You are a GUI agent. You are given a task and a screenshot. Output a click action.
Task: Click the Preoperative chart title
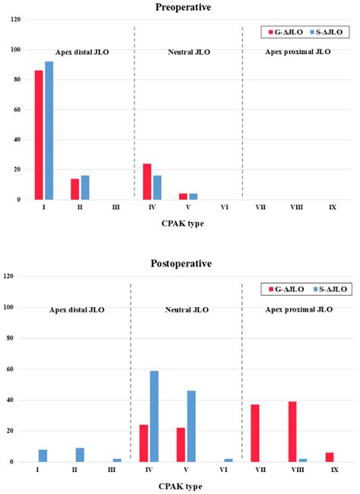pos(183,7)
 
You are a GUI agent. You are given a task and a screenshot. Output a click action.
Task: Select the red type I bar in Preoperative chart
pos(39,135)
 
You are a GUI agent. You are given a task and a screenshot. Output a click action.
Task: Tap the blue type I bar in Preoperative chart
pos(49,131)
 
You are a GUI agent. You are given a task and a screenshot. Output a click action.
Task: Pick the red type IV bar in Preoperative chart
pos(147,182)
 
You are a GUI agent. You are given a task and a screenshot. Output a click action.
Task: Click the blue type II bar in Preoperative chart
pos(85,188)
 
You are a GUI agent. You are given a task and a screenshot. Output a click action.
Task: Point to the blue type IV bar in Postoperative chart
pos(154,416)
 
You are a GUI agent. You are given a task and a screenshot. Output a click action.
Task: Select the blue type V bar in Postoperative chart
pos(191,426)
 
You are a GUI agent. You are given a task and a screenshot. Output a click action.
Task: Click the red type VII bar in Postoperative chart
pos(255,433)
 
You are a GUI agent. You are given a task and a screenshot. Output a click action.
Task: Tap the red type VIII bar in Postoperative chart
pos(292,432)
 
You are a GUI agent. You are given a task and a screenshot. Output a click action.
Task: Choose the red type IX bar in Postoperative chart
pos(330,457)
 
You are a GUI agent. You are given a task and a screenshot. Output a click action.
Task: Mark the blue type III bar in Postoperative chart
pos(117,461)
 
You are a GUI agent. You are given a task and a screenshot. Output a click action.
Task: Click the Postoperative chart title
pos(181,264)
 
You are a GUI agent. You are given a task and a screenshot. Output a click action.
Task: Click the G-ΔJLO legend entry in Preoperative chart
pos(286,32)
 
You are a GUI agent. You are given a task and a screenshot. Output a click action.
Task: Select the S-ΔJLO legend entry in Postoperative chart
pos(330,290)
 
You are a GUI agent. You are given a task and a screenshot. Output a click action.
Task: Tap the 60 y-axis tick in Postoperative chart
pos(10,369)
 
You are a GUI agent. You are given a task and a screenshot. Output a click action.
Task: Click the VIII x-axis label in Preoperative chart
pos(297,207)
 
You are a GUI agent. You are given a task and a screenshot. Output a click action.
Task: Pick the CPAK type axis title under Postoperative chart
pos(180,486)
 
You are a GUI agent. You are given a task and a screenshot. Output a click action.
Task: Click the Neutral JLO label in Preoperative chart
pos(189,52)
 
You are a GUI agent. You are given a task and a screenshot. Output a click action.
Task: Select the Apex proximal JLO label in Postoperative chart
pos(299,309)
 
